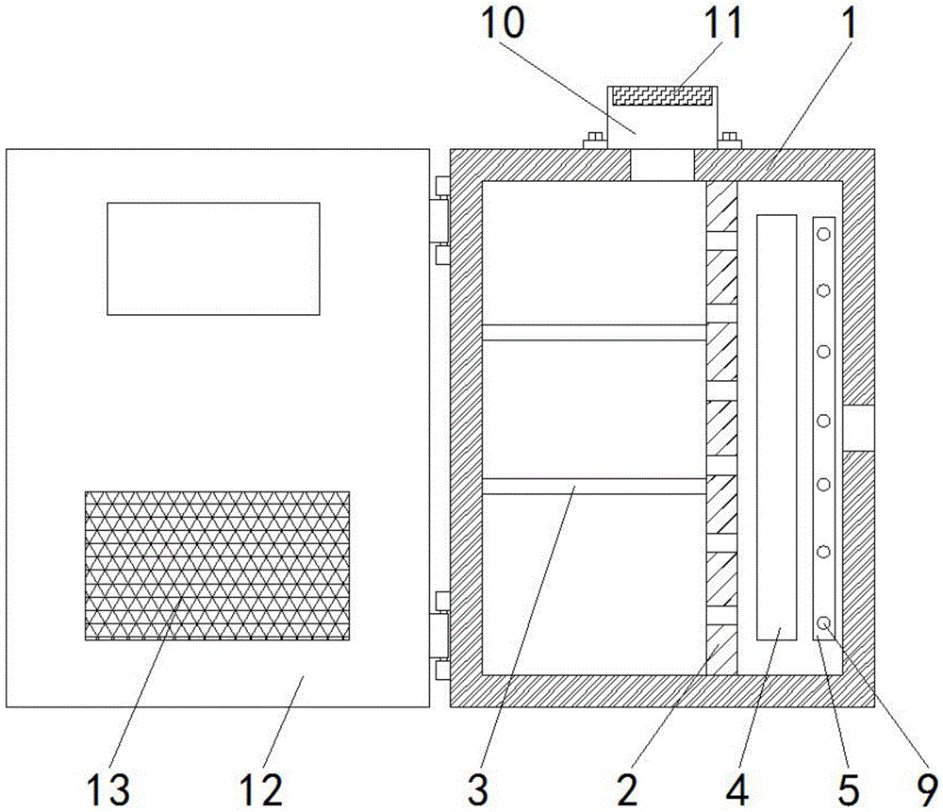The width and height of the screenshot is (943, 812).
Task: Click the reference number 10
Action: point(503,23)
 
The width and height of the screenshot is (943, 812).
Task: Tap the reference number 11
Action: point(723,23)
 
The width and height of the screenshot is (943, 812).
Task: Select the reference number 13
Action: point(108,789)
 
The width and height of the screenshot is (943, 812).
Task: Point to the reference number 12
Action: point(261,789)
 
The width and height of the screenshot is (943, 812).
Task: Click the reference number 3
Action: point(478,789)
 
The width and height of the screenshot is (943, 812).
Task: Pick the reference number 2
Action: point(627,789)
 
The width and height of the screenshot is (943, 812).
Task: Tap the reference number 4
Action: point(737,789)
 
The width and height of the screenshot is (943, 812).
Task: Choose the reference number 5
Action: point(849,789)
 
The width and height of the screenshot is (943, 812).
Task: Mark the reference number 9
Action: point(927,789)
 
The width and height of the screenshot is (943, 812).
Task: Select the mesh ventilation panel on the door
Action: point(217,566)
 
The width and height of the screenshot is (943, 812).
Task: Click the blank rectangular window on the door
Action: point(213,258)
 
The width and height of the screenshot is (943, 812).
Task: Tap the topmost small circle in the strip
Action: point(824,233)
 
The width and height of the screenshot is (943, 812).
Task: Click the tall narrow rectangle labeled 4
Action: point(776,427)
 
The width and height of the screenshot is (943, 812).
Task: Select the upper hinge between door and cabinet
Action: point(441,221)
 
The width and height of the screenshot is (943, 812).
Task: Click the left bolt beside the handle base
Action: point(595,141)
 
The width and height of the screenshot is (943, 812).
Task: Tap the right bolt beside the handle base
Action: point(729,141)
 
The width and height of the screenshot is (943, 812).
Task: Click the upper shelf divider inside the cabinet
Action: point(594,333)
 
